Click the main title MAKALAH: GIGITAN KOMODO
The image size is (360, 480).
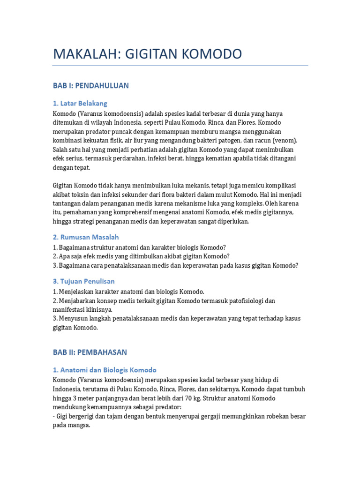tap(147, 54)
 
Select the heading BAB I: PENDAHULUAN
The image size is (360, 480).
tap(90, 86)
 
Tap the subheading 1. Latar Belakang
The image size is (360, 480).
tap(80, 104)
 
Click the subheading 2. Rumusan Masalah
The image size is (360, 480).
tap(86, 237)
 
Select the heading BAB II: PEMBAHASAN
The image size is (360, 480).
tap(90, 352)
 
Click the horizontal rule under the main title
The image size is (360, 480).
tap(180, 66)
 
